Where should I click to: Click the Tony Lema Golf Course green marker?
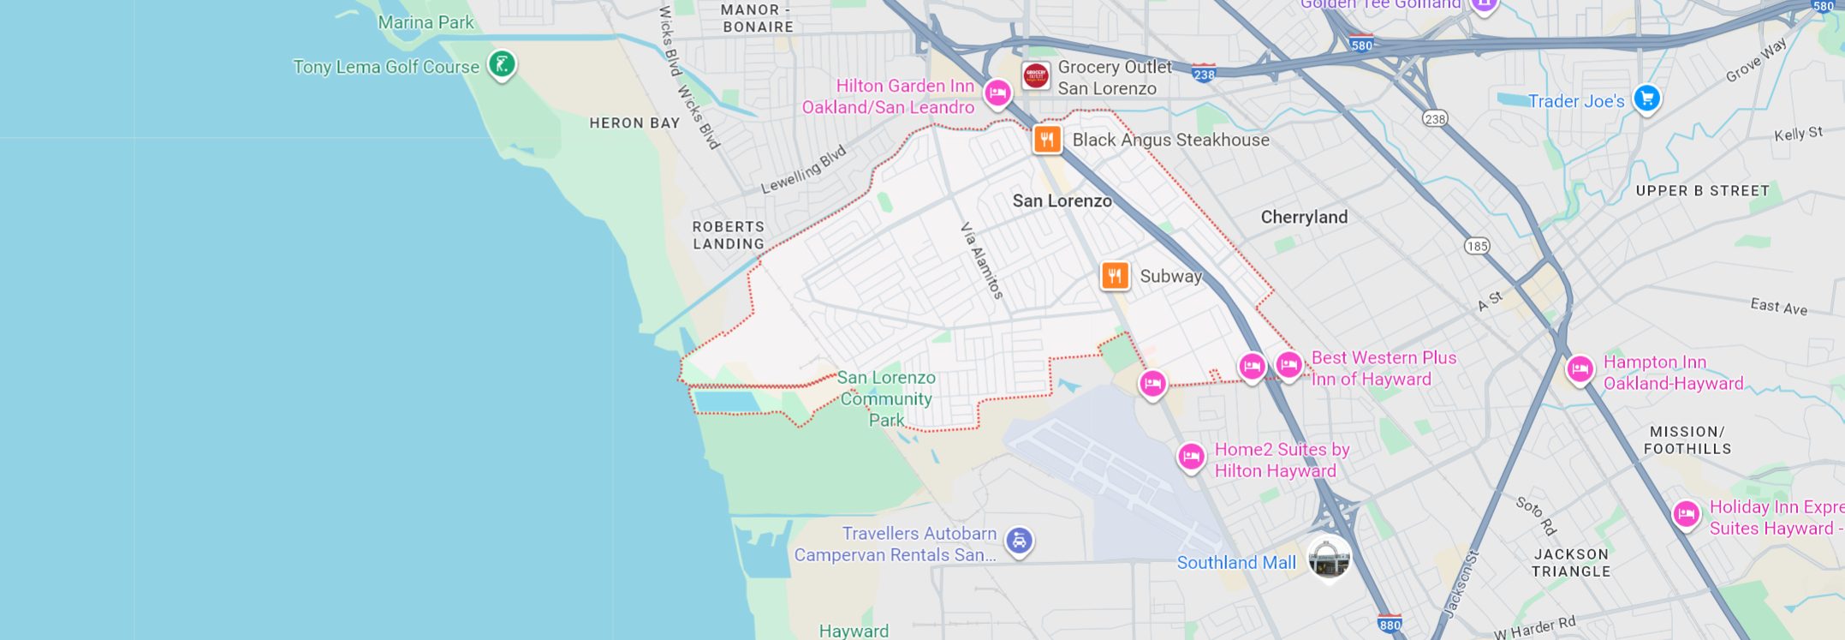[x=502, y=63]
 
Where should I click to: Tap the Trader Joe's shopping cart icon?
[x=1646, y=99]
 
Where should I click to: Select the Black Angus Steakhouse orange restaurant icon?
[x=1047, y=139]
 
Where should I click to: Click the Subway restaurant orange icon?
[x=1115, y=276]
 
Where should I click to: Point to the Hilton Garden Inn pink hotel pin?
[x=997, y=93]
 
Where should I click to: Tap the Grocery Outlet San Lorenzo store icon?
[x=1036, y=75]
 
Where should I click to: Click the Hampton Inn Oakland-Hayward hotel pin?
[x=1580, y=369]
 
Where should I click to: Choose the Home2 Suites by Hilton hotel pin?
[x=1191, y=456]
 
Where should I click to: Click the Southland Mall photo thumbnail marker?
[x=1329, y=559]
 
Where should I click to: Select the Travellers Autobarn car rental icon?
[x=1019, y=541]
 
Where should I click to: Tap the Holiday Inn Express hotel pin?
[x=1686, y=514]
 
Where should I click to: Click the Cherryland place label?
[x=1304, y=217]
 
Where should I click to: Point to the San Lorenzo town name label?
[x=1062, y=200]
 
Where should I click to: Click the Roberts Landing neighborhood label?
[x=729, y=235]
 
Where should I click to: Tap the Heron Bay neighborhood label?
[x=634, y=123]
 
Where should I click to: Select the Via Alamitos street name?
[x=981, y=260]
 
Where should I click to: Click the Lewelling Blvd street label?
[x=803, y=169]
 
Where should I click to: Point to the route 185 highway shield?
[x=1477, y=246]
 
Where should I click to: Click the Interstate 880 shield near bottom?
[x=1390, y=624]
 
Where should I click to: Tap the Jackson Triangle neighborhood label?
[x=1571, y=562]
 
